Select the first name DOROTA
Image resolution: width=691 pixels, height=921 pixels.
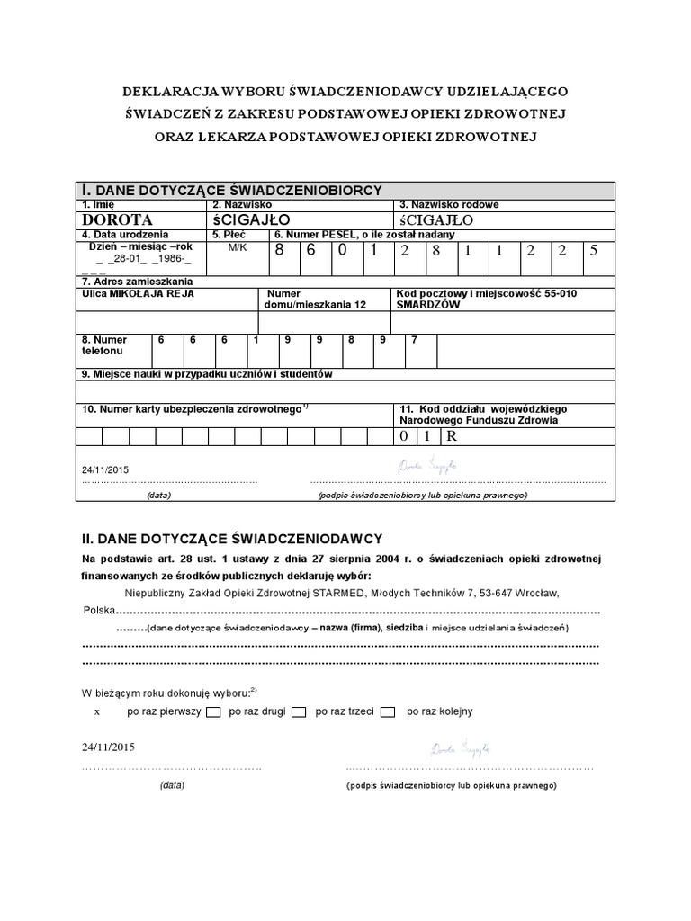[118, 219]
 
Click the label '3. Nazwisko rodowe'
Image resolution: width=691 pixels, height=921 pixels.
[443, 205]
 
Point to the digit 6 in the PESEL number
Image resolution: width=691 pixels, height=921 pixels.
[310, 251]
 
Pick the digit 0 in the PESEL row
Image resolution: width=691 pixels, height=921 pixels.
[342, 251]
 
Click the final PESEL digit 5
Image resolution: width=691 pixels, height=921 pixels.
[593, 251]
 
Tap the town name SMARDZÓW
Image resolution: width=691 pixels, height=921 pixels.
[428, 305]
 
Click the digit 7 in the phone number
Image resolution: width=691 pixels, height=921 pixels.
[413, 340]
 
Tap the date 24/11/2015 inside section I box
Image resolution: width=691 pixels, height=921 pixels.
[105, 469]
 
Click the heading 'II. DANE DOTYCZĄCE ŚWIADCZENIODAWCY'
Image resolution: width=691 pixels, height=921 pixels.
[233, 538]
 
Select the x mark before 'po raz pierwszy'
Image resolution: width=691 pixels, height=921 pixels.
[96, 711]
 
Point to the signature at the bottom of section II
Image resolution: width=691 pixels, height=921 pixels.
[460, 748]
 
